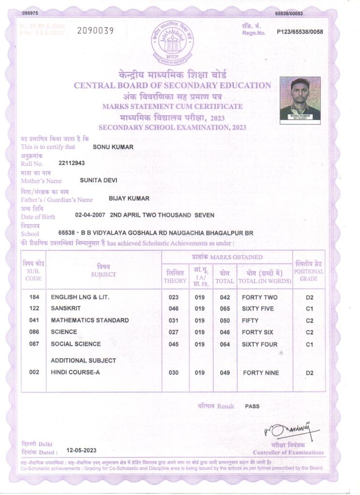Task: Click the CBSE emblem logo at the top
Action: click(172, 42)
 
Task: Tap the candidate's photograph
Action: click(300, 98)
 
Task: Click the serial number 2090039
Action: click(95, 31)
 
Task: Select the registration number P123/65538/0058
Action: click(300, 32)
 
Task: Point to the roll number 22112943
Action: click(72, 163)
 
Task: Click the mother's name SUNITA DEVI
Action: click(98, 180)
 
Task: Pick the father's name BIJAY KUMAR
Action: click(129, 198)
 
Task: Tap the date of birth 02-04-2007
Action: click(90, 215)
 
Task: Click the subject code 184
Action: click(34, 297)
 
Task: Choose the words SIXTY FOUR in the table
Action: click(259, 344)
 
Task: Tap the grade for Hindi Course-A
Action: click(310, 373)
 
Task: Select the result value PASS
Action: click(252, 406)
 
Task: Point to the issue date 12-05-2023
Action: click(82, 450)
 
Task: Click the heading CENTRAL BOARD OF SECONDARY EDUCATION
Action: click(172, 86)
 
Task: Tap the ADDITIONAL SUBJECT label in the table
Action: click(83, 361)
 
